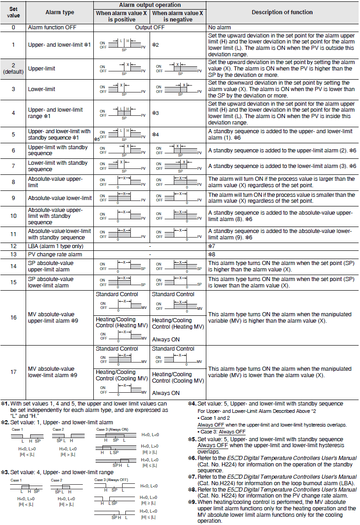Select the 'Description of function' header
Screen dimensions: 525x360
point(282,12)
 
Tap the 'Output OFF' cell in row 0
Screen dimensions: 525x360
point(150,27)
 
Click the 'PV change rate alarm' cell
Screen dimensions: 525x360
point(55,254)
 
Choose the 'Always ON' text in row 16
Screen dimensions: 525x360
point(166,340)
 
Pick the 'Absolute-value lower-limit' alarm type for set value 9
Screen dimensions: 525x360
point(60,198)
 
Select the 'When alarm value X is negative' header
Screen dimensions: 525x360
point(178,16)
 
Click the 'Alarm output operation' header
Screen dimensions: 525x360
point(150,5)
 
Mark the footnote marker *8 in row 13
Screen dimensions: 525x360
point(212,254)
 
